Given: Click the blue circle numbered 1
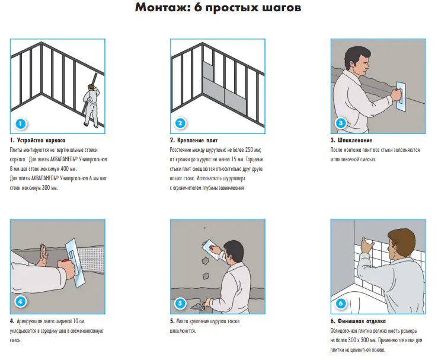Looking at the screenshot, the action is pyautogui.click(x=20, y=123).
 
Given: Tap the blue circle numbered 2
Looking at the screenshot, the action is pyautogui.click(x=180, y=123).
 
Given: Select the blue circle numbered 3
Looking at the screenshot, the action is pyautogui.click(x=341, y=123).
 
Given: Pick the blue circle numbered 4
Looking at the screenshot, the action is pyautogui.click(x=20, y=302).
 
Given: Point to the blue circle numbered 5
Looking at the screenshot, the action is pyautogui.click(x=180, y=303).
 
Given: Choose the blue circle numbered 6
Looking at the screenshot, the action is pyautogui.click(x=341, y=303).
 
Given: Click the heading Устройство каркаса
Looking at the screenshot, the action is pyautogui.click(x=41, y=141).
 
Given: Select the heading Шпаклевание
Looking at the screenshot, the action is pyautogui.click(x=355, y=141).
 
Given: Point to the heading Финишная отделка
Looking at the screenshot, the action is pyautogui.click(x=362, y=321).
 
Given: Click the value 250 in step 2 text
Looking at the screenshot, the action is pyautogui.click(x=249, y=150).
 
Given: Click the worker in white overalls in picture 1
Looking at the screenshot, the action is pyautogui.click(x=91, y=106).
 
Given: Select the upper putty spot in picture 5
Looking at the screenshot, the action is pyautogui.click(x=205, y=262).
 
